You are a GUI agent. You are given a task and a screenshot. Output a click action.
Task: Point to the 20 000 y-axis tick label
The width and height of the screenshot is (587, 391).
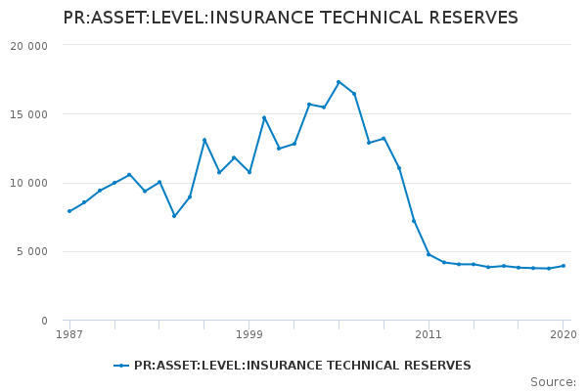pos(28,46)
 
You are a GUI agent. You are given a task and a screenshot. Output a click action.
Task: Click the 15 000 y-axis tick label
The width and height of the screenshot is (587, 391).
pos(28,114)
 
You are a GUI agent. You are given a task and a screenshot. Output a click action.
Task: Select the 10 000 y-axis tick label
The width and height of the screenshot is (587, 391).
pos(28,183)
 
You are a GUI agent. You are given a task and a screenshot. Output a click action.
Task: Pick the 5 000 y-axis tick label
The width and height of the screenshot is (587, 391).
pos(31,252)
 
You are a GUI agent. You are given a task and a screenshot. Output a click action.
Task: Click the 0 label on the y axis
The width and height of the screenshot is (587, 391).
pos(43,321)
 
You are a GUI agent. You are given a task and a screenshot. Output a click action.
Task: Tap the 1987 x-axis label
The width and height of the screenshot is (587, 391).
pos(69,334)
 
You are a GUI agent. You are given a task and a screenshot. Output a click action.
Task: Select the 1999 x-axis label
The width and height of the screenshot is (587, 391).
pos(248,334)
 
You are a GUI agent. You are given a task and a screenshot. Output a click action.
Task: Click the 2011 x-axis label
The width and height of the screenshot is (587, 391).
pos(429,334)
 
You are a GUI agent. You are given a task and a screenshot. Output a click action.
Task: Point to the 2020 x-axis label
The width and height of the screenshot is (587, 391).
pos(563,334)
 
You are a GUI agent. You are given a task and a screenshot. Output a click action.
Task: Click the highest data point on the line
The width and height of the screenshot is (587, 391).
pos(339,82)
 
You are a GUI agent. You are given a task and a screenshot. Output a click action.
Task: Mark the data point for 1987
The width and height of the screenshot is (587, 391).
pos(69,211)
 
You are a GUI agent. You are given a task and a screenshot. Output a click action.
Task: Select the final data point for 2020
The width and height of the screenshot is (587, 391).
pos(564,266)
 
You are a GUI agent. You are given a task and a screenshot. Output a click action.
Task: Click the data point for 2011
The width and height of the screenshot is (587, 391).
pos(429,254)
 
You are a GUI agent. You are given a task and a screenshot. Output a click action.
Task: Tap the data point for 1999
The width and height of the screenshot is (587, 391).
pos(249,172)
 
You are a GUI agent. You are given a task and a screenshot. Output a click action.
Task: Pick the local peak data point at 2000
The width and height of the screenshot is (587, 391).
pos(264,118)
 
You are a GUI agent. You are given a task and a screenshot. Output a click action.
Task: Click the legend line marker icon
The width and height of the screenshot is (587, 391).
pos(121,366)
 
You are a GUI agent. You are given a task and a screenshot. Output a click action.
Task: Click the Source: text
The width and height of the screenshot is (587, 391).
pos(553,382)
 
